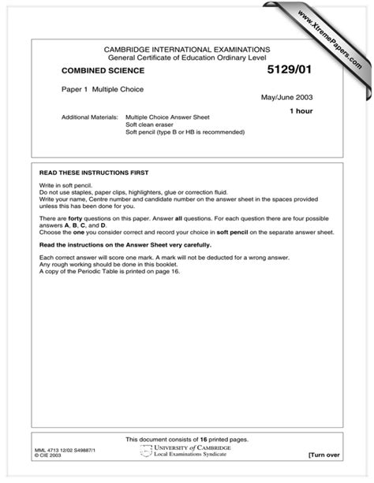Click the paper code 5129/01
(x=290, y=71)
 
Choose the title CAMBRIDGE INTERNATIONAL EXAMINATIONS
(x=188, y=49)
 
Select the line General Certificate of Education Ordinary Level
(x=188, y=57)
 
